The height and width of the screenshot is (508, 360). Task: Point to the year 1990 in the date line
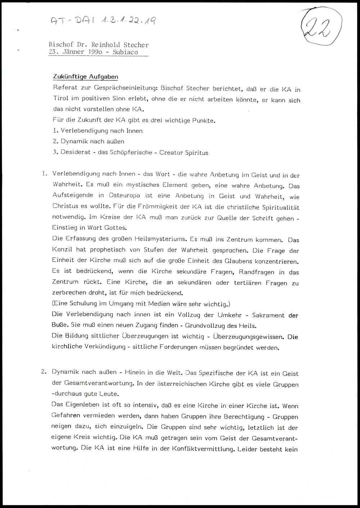point(95,52)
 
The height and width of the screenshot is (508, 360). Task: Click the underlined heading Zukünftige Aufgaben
point(85,77)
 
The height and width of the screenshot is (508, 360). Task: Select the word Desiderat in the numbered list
point(74,153)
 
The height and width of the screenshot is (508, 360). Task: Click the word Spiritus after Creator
point(197,153)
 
